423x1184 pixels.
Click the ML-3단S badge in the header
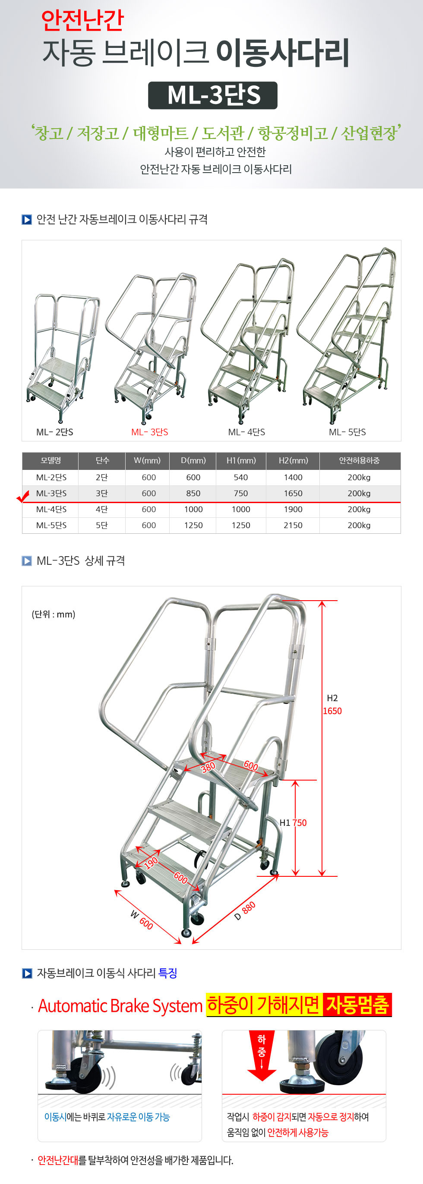(212, 95)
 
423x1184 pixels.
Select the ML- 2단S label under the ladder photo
(55, 432)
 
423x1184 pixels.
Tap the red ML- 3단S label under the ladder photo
(149, 432)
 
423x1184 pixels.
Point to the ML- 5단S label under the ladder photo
(347, 432)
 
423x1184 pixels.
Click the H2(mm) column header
(293, 460)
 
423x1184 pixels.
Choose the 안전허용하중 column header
(359, 460)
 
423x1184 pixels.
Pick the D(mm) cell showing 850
(193, 493)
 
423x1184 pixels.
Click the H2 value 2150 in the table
(293, 525)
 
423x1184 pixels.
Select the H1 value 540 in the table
(240, 477)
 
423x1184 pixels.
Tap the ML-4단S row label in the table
(51, 509)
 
